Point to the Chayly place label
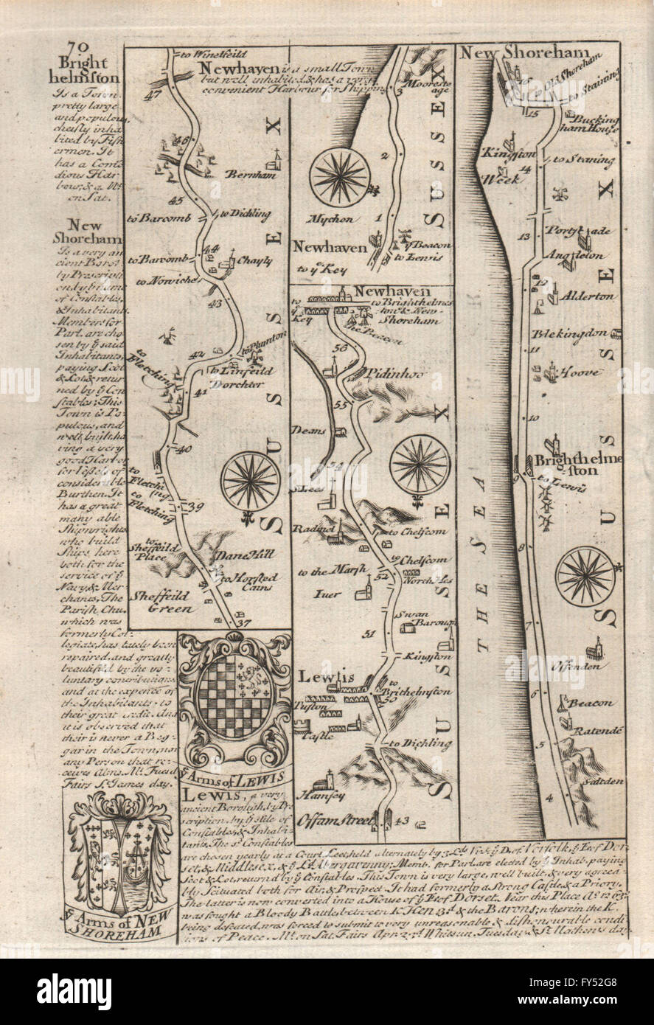point(254,261)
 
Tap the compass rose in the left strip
point(250,481)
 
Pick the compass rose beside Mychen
point(340,175)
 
